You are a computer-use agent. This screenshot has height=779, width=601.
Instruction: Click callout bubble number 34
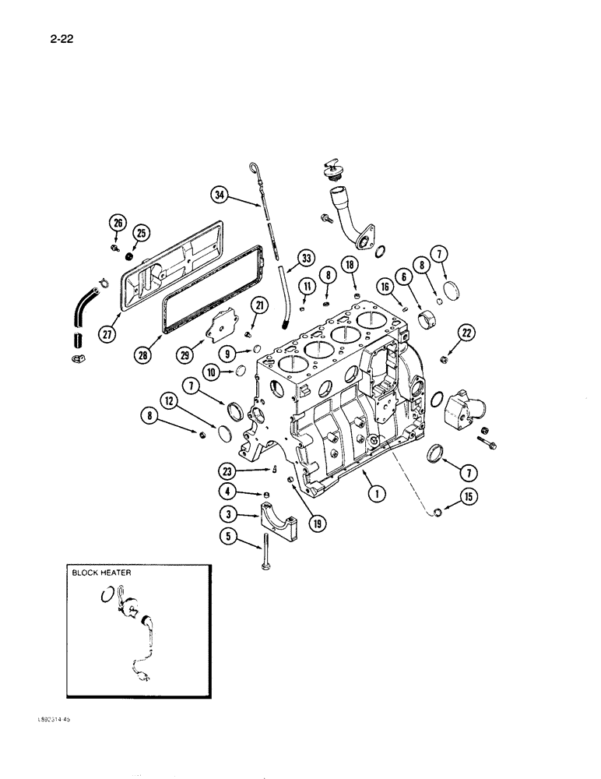pyautogui.click(x=220, y=196)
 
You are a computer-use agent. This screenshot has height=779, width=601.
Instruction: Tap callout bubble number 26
pyautogui.click(x=118, y=224)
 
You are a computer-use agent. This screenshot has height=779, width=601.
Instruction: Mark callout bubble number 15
pyautogui.click(x=469, y=495)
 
